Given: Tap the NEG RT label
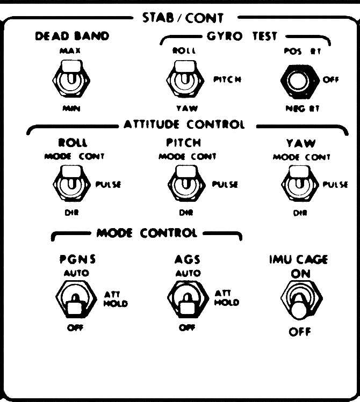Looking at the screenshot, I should pyautogui.click(x=294, y=107).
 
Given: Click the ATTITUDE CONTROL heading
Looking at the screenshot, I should pyautogui.click(x=185, y=125).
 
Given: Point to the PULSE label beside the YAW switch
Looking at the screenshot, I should pyautogui.click(x=335, y=185).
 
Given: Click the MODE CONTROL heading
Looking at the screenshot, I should pyautogui.click(x=146, y=233).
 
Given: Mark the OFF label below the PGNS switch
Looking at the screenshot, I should pyautogui.click(x=71, y=328).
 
